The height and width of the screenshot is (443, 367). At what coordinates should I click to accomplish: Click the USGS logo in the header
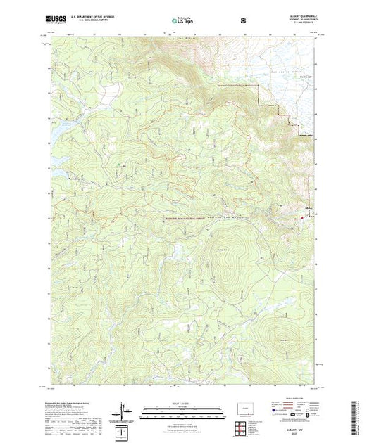(x=55, y=21)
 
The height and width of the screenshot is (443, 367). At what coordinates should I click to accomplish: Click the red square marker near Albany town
(x=303, y=217)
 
